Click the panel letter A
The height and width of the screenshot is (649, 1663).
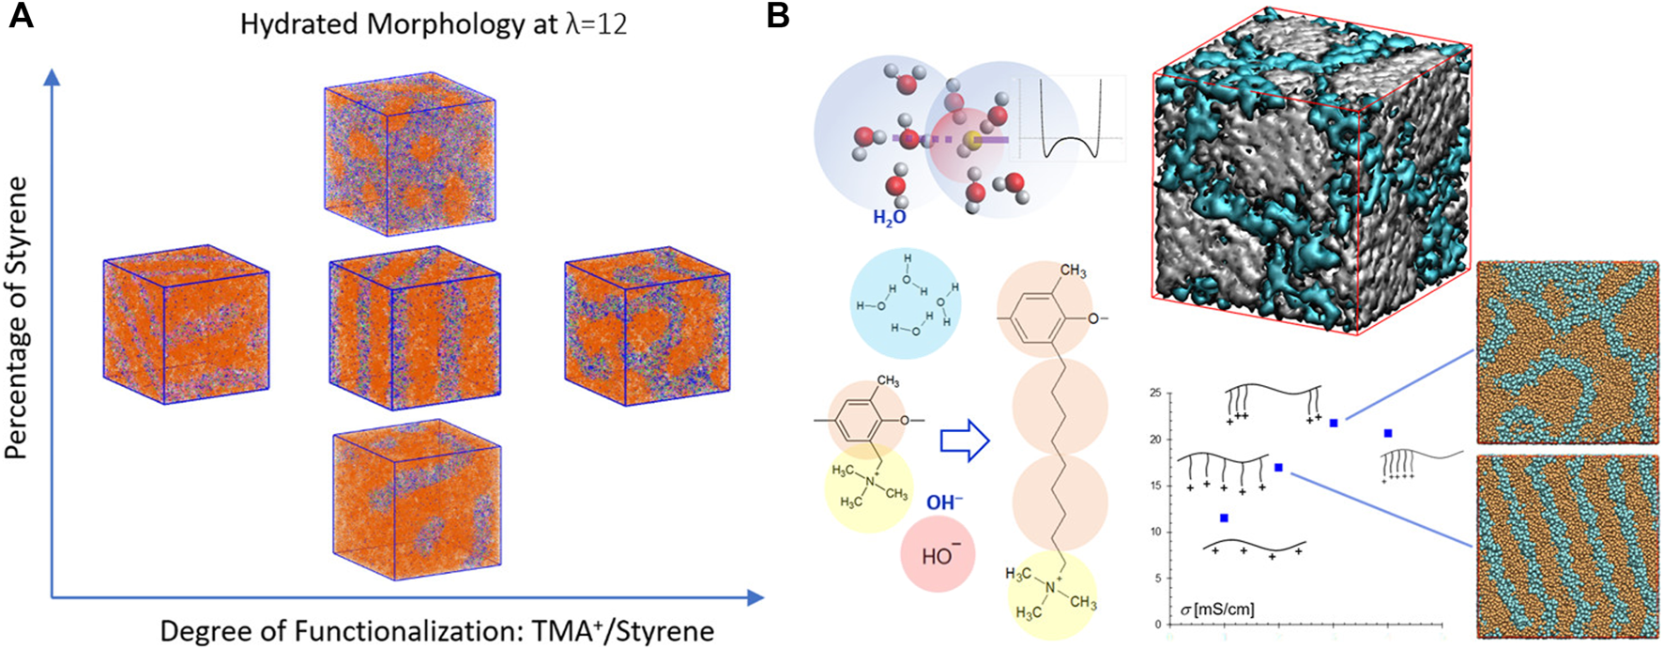[21, 17]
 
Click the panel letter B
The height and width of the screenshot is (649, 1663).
[778, 17]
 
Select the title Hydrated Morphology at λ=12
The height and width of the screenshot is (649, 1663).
[434, 23]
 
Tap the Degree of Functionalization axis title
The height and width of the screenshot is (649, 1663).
[437, 629]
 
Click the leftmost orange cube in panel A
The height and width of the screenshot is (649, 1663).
[186, 324]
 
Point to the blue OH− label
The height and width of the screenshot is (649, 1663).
[944, 502]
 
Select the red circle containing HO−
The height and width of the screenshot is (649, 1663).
[937, 556]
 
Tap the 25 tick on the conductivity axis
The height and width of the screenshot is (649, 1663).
[1155, 393]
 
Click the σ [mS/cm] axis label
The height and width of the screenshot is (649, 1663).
[1216, 610]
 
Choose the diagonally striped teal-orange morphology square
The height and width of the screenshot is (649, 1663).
[1567, 547]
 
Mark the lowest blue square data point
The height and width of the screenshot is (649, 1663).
[1224, 518]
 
